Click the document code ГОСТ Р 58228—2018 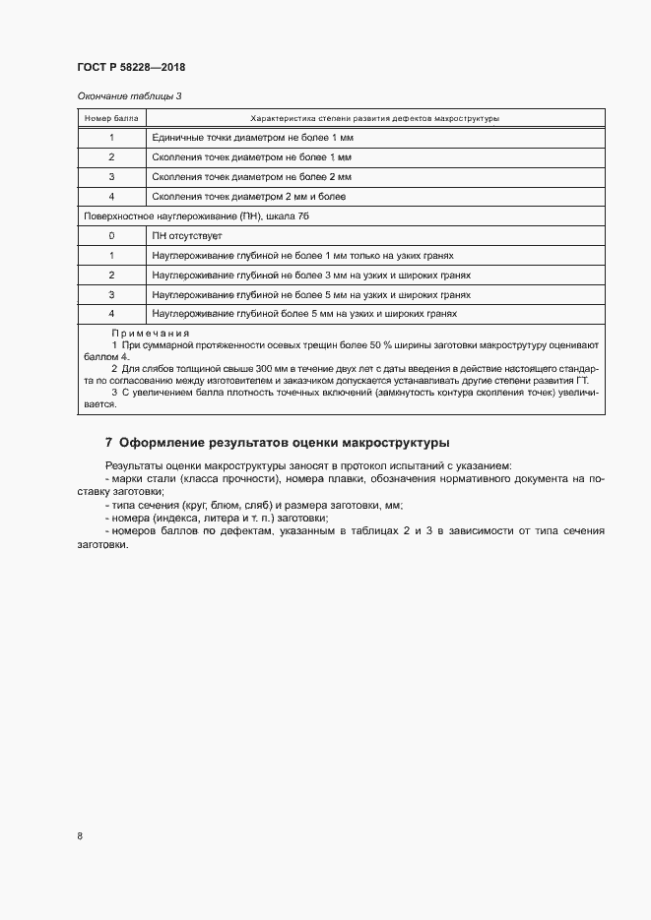point(131,68)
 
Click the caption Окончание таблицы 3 point(129,95)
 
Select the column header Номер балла point(111,118)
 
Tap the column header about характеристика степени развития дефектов point(375,118)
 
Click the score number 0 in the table point(111,236)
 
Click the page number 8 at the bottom point(79,836)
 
